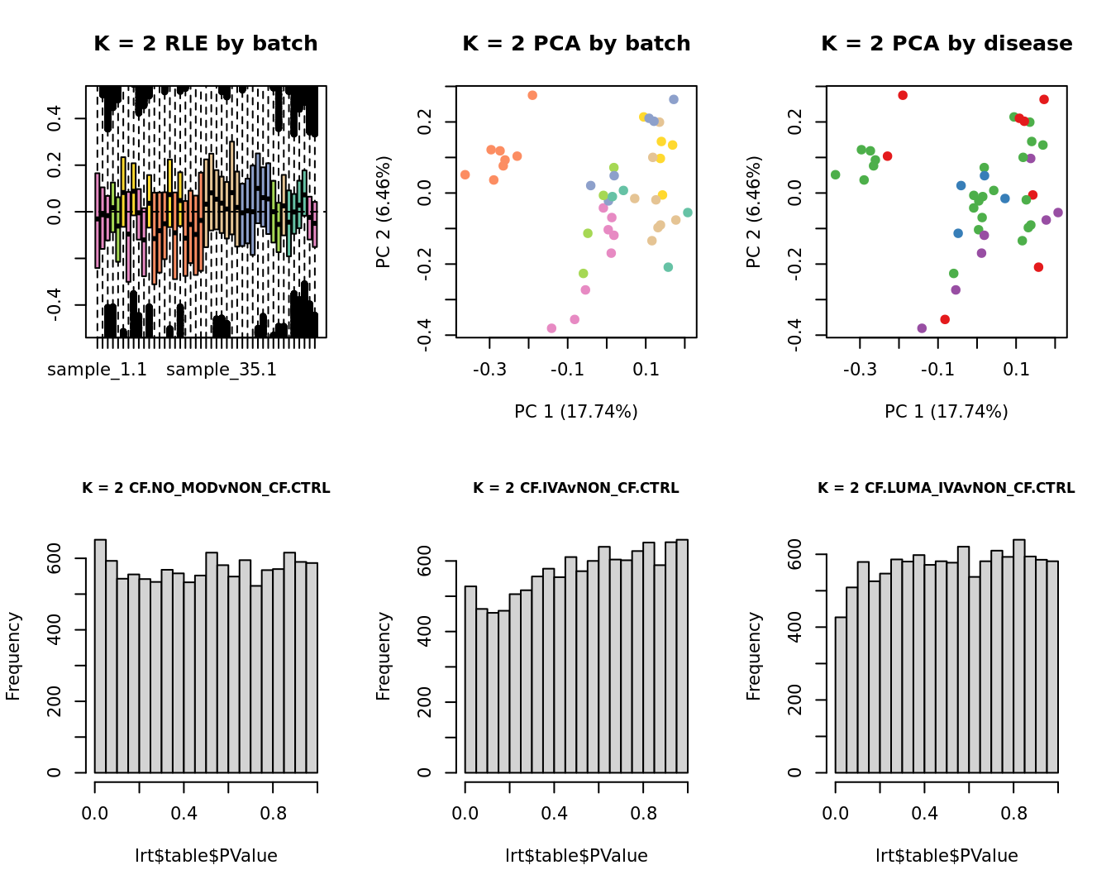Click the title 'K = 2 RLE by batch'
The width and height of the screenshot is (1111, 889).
(205, 44)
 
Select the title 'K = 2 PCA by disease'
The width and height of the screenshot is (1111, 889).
(946, 44)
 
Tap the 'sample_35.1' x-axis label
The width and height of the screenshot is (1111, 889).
(222, 370)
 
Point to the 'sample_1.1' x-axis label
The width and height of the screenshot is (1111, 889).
(97, 370)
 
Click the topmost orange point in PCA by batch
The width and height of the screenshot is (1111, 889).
(532, 96)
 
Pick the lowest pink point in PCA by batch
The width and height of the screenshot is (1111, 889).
(551, 328)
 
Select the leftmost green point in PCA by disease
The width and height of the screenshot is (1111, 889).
(835, 174)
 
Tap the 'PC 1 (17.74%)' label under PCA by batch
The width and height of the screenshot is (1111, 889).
(576, 412)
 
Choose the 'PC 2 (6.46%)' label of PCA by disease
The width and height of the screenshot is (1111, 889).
(753, 212)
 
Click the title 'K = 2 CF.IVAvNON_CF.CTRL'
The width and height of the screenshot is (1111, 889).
(576, 488)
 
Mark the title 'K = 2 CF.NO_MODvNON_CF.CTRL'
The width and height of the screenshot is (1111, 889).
(206, 488)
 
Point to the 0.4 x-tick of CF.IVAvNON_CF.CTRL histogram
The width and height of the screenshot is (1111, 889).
(555, 814)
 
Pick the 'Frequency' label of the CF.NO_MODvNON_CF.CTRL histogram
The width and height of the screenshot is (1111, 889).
(13, 656)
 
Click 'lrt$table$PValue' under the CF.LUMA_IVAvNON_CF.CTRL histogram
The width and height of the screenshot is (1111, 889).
(946, 856)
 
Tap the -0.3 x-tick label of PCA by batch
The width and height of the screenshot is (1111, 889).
(489, 369)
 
